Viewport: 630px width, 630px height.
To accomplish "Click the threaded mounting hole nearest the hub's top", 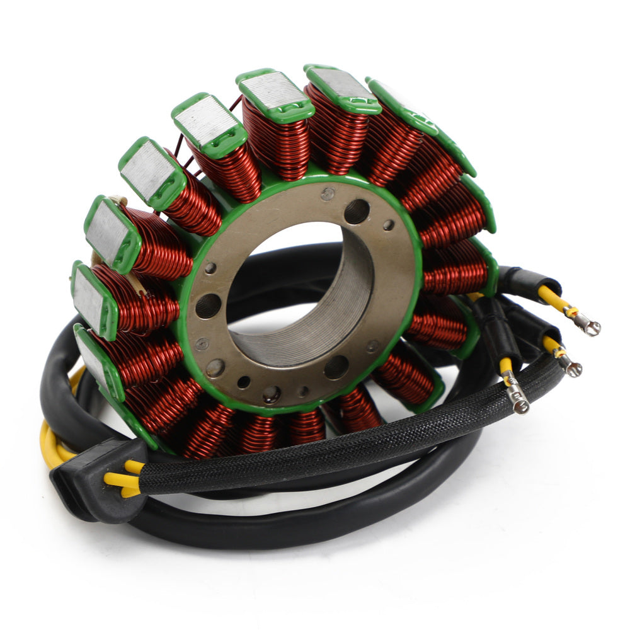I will tap(357, 212).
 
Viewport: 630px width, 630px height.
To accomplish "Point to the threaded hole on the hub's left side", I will tap(208, 306).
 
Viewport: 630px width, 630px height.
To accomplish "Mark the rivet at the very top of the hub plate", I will tap(327, 194).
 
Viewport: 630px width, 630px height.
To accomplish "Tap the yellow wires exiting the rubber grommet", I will tap(126, 476).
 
